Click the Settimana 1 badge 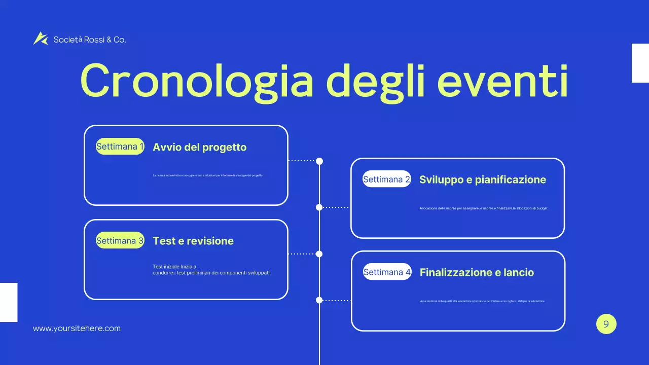[x=120, y=147]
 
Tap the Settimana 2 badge [x=386, y=179]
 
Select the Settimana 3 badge [x=120, y=240]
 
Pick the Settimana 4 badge [x=387, y=272]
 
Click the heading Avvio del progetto [x=199, y=148]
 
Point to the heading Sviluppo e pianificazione [x=482, y=179]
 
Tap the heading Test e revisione [x=193, y=241]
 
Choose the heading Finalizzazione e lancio [x=477, y=273]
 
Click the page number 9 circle [x=606, y=324]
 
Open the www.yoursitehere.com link [x=77, y=328]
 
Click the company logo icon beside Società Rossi [x=40, y=39]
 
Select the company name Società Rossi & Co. [x=90, y=40]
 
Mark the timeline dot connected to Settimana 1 [x=319, y=161]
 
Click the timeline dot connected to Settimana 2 [x=319, y=207]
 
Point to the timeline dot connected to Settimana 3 [x=319, y=254]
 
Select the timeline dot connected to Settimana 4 [x=319, y=300]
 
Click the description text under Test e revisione [x=211, y=269]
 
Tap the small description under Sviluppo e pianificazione [x=484, y=208]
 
